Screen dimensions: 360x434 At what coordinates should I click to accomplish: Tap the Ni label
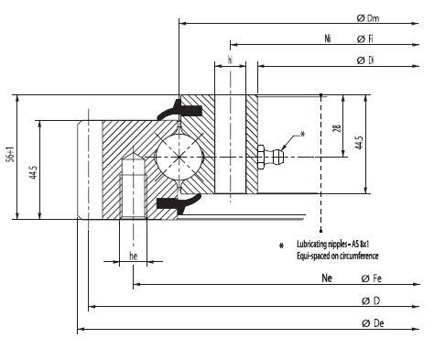327,39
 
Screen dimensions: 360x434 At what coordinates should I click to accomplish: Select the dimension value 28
339,131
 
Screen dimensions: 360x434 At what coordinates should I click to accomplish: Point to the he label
134,256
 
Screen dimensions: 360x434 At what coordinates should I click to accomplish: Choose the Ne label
326,278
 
